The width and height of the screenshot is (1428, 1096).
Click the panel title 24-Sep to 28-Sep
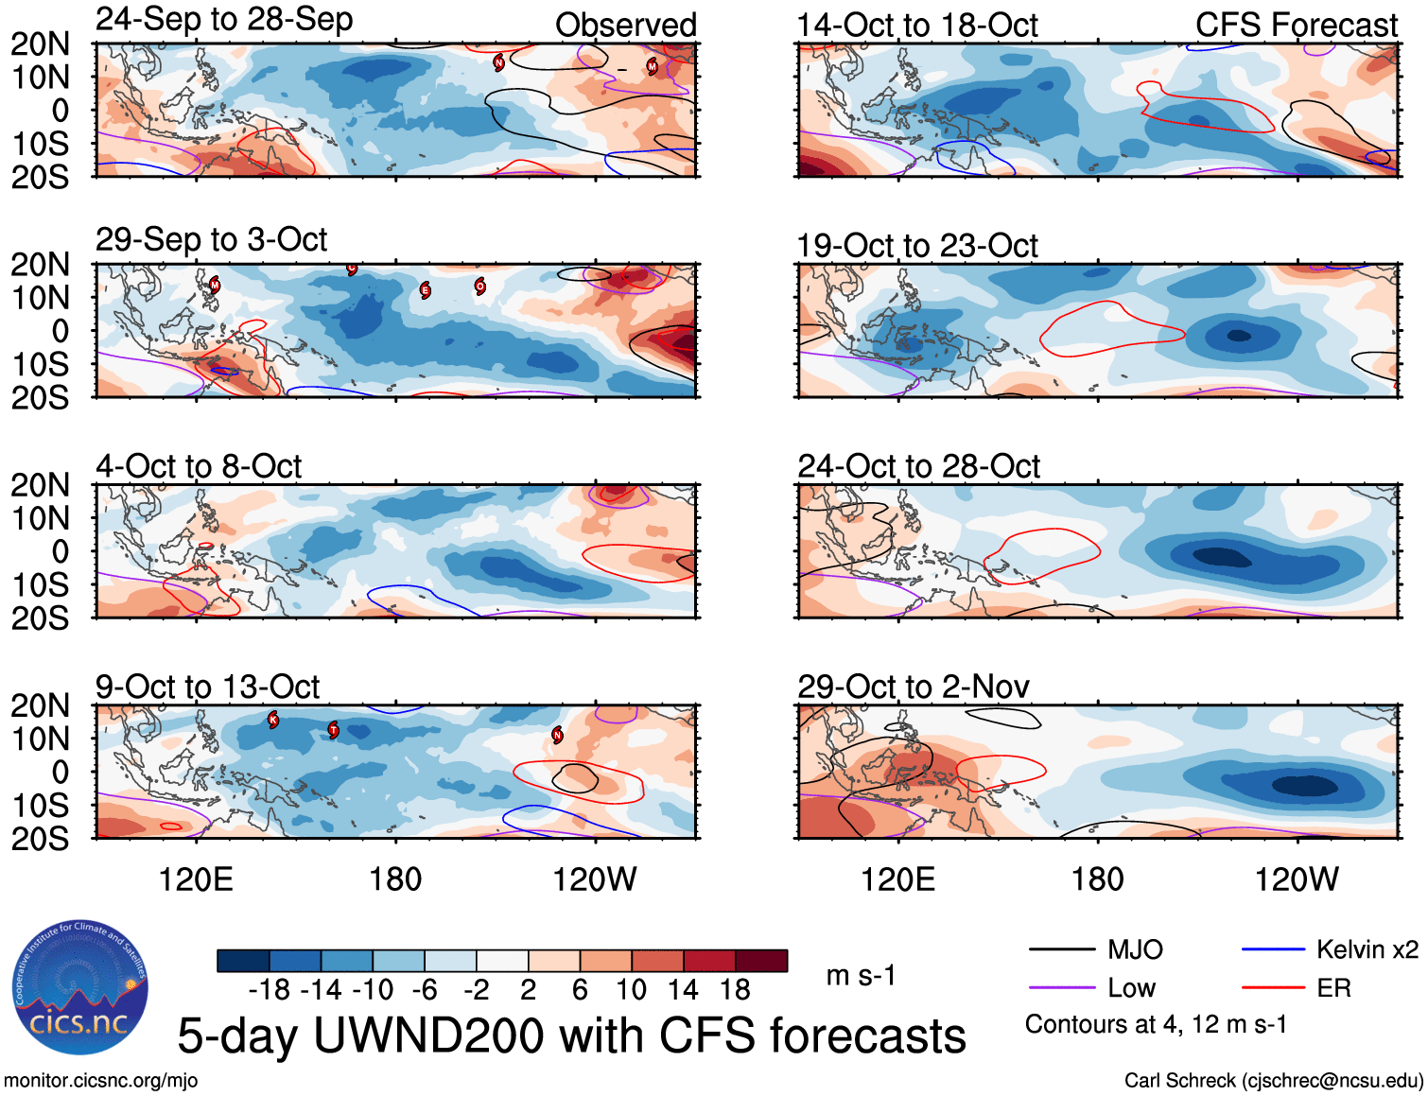pyautogui.click(x=224, y=20)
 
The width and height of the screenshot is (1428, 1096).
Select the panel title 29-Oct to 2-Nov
pyautogui.click(x=913, y=687)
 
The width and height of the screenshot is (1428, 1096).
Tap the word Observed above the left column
pyautogui.click(x=625, y=26)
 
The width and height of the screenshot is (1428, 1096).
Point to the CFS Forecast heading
pyautogui.click(x=1296, y=26)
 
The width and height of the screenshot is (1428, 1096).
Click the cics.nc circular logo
pyautogui.click(x=80, y=988)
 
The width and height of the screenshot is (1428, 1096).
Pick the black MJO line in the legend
pyautogui.click(x=1061, y=949)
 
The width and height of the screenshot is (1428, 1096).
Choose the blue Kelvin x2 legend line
pyautogui.click(x=1273, y=949)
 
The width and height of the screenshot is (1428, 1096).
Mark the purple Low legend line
pyautogui.click(x=1061, y=988)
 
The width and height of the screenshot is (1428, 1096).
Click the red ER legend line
pyautogui.click(x=1273, y=988)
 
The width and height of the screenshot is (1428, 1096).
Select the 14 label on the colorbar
pyautogui.click(x=683, y=990)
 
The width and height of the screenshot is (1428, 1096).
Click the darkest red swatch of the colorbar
pyautogui.click(x=761, y=961)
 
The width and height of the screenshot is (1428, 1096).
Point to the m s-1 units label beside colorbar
pyautogui.click(x=861, y=976)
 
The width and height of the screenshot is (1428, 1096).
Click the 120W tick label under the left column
pyautogui.click(x=594, y=880)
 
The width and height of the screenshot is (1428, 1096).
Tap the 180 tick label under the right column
pyautogui.click(x=1097, y=880)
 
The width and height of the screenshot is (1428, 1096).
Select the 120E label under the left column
pyautogui.click(x=196, y=880)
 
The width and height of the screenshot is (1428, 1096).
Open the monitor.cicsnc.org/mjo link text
pyautogui.click(x=100, y=1081)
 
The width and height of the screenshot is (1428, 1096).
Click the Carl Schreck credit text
pyautogui.click(x=1273, y=1081)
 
